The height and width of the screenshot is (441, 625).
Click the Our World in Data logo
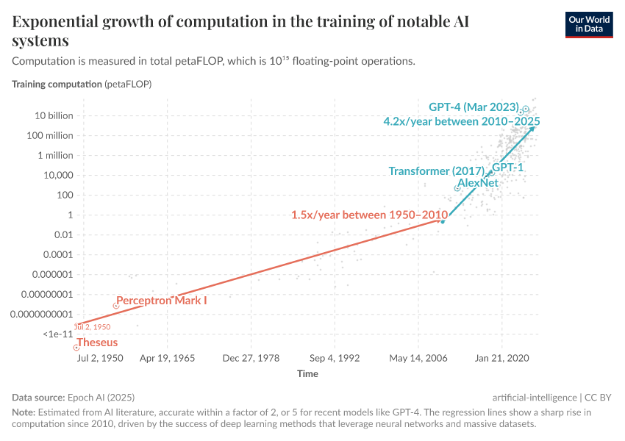[588, 24]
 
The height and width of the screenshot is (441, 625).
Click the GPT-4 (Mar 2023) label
[474, 107]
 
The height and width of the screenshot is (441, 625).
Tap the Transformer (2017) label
[439, 171]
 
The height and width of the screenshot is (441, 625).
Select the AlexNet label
[478, 182]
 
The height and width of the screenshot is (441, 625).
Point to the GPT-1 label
[507, 168]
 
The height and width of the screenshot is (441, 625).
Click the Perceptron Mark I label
[162, 301]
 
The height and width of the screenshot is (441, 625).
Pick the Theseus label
[97, 343]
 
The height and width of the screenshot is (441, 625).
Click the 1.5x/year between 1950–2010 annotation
[369, 215]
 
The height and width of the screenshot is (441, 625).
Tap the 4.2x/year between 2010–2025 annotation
[462, 121]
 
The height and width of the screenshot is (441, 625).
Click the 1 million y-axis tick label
[54, 155]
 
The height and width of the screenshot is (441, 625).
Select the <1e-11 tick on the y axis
[57, 334]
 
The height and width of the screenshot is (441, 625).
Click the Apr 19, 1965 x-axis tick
[167, 359]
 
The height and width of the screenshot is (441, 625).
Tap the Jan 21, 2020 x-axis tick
[502, 359]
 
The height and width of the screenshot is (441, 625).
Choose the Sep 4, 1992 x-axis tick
[335, 359]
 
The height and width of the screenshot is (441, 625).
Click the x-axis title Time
[307, 374]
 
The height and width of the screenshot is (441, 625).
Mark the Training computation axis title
[57, 84]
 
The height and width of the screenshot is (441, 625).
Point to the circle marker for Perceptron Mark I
[115, 305]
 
